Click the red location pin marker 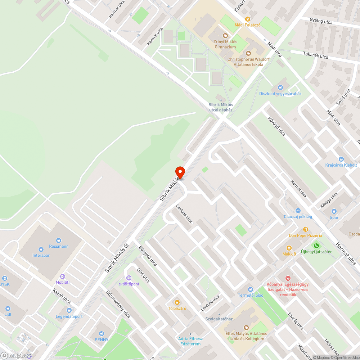[x=180, y=172]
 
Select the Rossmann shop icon [x=58, y=240]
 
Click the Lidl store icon [x=8, y=308]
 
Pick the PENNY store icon [x=101, y=333]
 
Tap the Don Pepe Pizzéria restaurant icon [x=305, y=229]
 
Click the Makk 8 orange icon [x=289, y=248]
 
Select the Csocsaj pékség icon [x=298, y=210]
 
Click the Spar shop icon [x=334, y=211]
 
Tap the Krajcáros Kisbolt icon [x=341, y=159]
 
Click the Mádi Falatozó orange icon [x=247, y=19]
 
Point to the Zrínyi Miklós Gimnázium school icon [x=225, y=35]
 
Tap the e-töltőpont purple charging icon [x=129, y=278]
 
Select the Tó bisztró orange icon [x=177, y=302]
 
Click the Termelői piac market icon [x=251, y=289]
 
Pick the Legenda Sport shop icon [x=69, y=310]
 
